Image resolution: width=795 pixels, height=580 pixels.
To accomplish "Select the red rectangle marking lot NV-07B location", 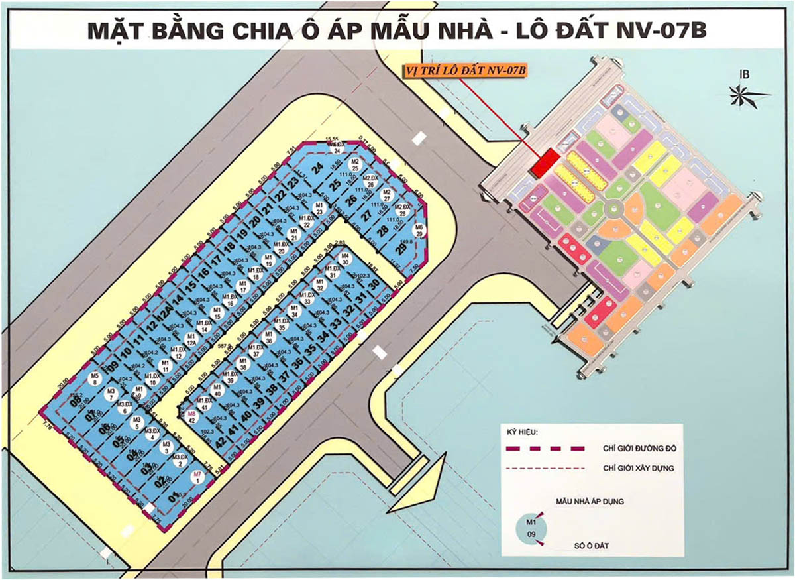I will click(x=547, y=163).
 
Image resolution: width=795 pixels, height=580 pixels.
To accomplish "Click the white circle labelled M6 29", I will click(x=419, y=231).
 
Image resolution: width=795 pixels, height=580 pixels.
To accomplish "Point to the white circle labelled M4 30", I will click(x=344, y=259).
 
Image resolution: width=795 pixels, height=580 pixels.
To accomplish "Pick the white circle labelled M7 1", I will click(x=197, y=477).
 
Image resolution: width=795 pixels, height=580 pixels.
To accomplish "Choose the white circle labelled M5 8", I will click(x=94, y=378).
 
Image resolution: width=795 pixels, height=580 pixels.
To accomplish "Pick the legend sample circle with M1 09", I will click(x=530, y=529).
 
